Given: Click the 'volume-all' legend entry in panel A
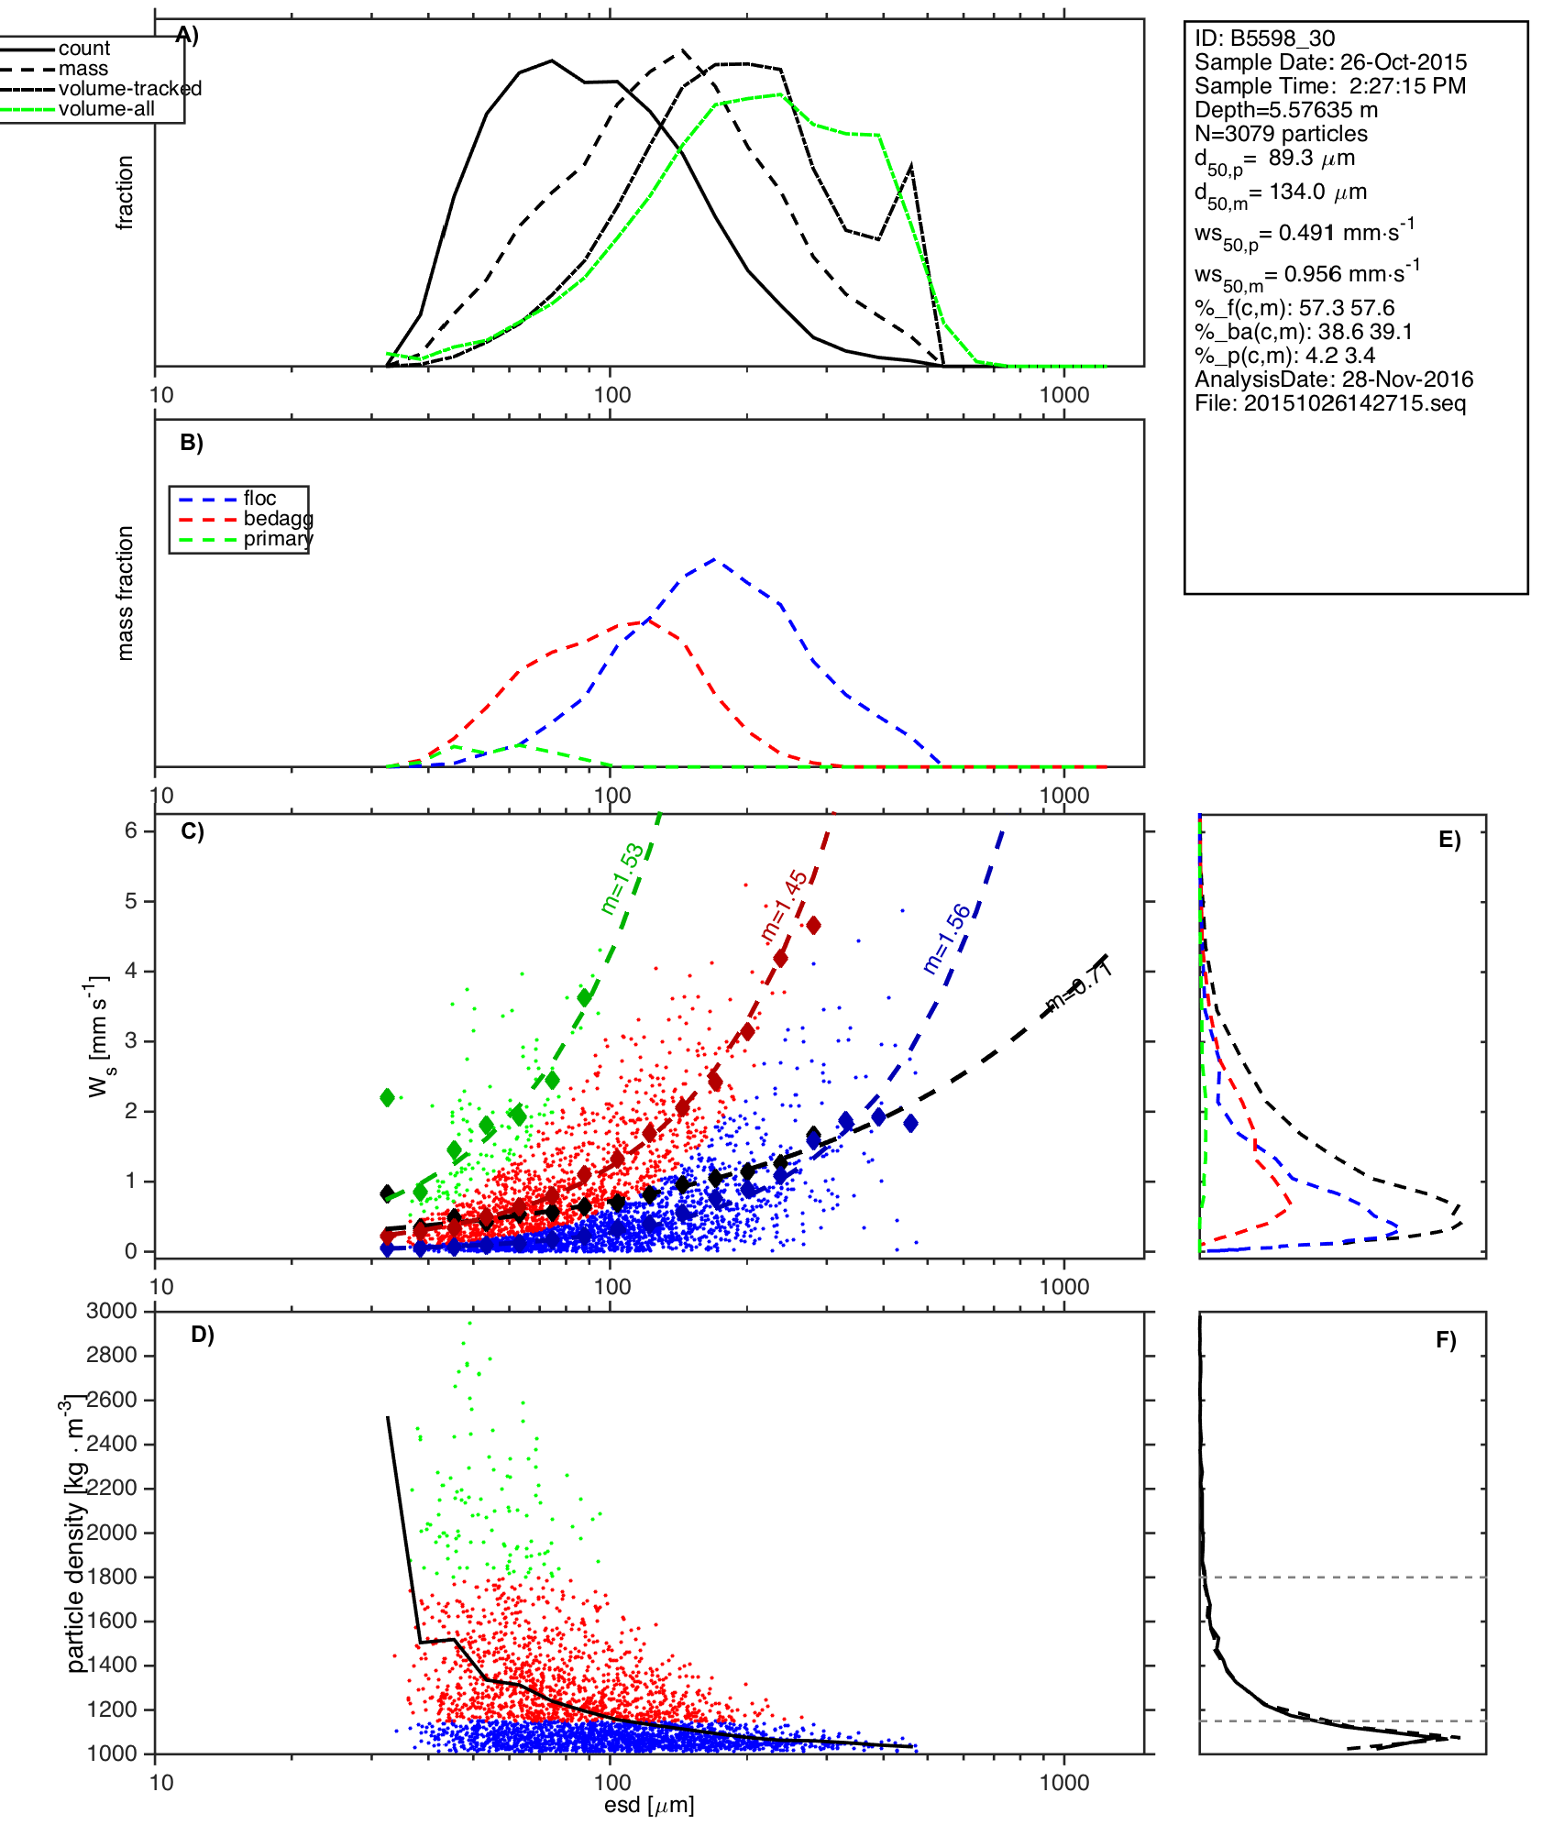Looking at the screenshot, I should coord(105,109).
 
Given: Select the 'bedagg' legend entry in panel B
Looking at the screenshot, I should coord(278,519).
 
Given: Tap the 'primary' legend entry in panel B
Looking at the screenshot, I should coord(278,539).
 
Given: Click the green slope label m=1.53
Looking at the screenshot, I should coord(622,879).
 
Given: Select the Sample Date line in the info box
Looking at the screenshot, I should coord(1329,62).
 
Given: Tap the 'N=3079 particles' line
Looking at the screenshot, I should coord(1281,134).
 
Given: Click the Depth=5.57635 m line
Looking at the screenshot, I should coord(1285,110).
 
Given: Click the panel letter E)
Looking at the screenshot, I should coord(1449,840).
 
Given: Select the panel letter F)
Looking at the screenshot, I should coord(1446,1340).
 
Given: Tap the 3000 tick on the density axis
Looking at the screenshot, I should coord(112,1311).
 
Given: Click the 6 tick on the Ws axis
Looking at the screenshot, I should coord(131,830).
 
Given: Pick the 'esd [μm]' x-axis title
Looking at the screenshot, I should coord(649,1806).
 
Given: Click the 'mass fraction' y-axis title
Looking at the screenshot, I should coord(126,593).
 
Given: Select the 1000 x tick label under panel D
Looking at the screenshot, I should coord(1064,1782).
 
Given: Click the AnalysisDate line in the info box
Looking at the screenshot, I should coord(1333,379).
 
